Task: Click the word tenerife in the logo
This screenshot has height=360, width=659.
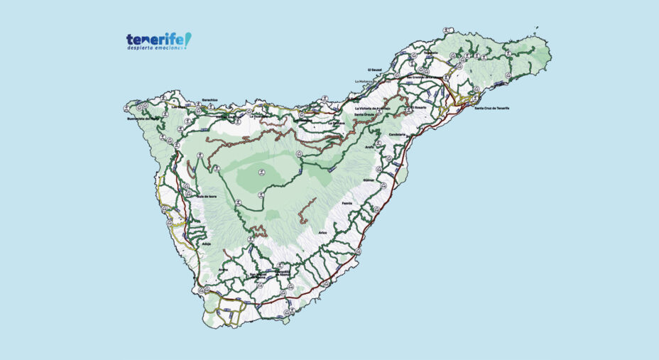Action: click(x=155, y=40)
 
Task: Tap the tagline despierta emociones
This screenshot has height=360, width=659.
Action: click(x=156, y=50)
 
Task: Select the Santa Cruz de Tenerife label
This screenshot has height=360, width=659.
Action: click(x=492, y=108)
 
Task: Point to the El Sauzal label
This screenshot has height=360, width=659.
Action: click(x=375, y=70)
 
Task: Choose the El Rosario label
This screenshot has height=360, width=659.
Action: click(x=419, y=107)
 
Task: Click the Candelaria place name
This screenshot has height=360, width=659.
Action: click(x=398, y=134)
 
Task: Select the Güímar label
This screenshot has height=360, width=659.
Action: click(x=368, y=181)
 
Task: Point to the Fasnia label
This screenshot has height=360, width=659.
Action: click(x=347, y=204)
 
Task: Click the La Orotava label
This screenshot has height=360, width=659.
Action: click(x=336, y=122)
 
